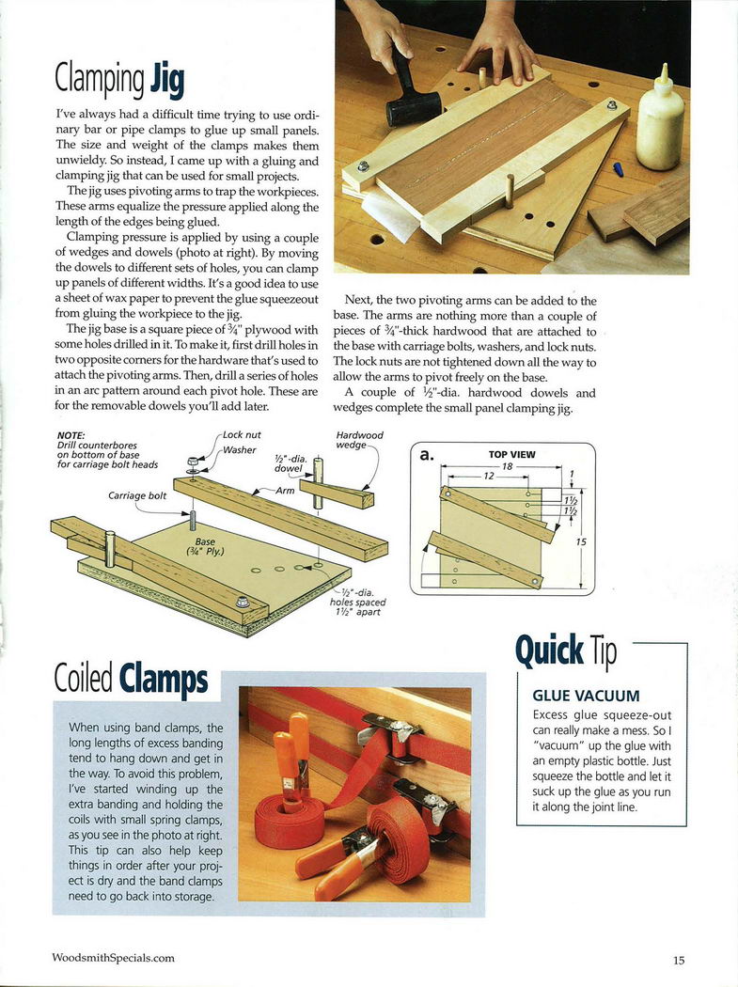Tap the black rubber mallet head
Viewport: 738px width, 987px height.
[414, 106]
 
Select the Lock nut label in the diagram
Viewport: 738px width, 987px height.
[242, 435]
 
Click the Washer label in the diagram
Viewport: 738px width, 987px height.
[240, 450]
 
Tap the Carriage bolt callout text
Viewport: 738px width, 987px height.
[137, 496]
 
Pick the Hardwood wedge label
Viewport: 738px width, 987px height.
[359, 440]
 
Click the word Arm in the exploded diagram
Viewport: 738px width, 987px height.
[285, 491]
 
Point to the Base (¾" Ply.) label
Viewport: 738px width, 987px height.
[205, 546]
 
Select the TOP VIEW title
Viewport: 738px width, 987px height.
[512, 454]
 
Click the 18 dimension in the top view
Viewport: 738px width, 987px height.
[508, 467]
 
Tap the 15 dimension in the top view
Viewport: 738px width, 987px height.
[581, 541]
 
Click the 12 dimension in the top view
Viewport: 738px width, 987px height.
[489, 477]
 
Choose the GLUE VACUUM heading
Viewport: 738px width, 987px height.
[587, 696]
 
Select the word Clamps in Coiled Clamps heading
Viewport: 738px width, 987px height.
[163, 680]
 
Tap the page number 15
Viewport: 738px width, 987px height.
[678, 961]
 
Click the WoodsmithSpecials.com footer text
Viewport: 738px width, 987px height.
[114, 958]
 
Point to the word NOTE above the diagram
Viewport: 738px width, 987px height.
[71, 435]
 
